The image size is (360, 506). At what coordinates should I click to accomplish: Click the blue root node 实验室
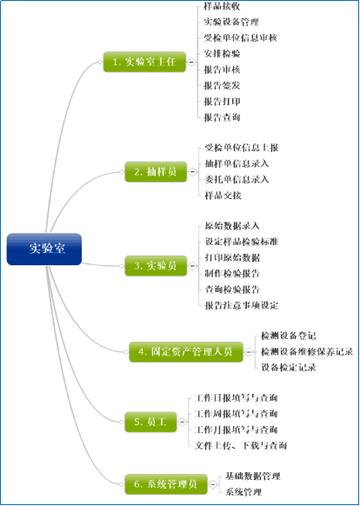pyautogui.click(x=43, y=250)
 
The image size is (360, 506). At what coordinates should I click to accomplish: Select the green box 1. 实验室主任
pyautogui.click(x=144, y=62)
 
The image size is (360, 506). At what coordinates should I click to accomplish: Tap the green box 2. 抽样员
pyautogui.click(x=156, y=171)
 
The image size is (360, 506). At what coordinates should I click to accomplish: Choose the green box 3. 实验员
pyautogui.click(x=156, y=266)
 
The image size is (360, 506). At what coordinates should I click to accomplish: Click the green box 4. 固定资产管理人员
pyautogui.click(x=186, y=352)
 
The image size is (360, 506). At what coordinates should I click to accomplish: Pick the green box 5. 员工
pyautogui.click(x=150, y=422)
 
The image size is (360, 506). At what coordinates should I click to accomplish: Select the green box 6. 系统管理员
pyautogui.click(x=166, y=484)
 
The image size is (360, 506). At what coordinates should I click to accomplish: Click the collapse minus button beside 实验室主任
pyautogui.click(x=191, y=62)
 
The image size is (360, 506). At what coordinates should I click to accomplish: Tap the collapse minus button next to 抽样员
pyautogui.click(x=192, y=172)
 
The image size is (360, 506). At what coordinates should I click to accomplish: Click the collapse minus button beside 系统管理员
pyautogui.click(x=212, y=484)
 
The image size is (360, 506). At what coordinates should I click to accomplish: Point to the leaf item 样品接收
pyautogui.click(x=222, y=6)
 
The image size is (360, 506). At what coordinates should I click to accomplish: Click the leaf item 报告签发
pyautogui.click(x=222, y=85)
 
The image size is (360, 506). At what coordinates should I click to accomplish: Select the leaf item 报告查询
pyautogui.click(x=222, y=117)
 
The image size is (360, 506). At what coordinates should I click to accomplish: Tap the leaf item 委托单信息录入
pyautogui.click(x=237, y=179)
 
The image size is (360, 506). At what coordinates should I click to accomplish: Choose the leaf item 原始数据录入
pyautogui.click(x=232, y=225)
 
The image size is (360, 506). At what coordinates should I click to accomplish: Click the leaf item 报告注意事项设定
pyautogui.click(x=242, y=305)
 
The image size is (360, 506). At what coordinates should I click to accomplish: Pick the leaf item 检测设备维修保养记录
pyautogui.click(x=307, y=351)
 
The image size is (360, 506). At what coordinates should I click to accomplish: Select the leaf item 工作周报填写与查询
pyautogui.click(x=236, y=414)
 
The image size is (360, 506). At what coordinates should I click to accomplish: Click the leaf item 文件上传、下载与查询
pyautogui.click(x=241, y=446)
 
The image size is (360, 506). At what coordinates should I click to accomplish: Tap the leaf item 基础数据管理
pyautogui.click(x=253, y=476)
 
